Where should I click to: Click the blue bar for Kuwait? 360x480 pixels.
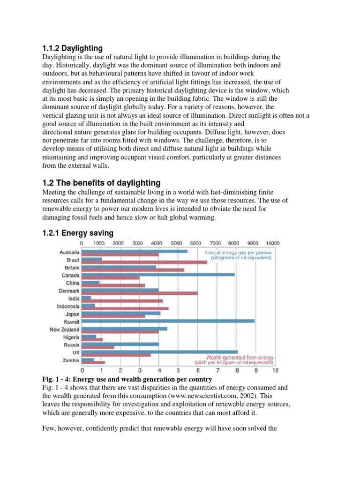pyautogui.click(x=168, y=321)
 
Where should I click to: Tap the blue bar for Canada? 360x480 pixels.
pyautogui.click(x=158, y=275)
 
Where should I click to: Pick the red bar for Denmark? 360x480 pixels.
pyautogui.click(x=139, y=293)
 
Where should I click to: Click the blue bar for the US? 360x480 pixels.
pyautogui.click(x=159, y=352)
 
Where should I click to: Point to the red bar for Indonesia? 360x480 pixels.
pyautogui.click(x=125, y=308)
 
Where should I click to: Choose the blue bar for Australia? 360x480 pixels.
pyautogui.click(x=134, y=251)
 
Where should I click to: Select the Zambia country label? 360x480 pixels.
pyautogui.click(x=70, y=360)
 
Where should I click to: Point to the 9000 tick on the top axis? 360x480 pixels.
pyautogui.click(x=253, y=243)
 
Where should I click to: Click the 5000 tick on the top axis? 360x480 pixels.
pyautogui.click(x=177, y=243)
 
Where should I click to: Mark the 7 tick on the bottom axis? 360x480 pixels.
pyautogui.click(x=217, y=370)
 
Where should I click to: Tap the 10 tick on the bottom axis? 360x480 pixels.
pyautogui.click(x=274, y=370)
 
